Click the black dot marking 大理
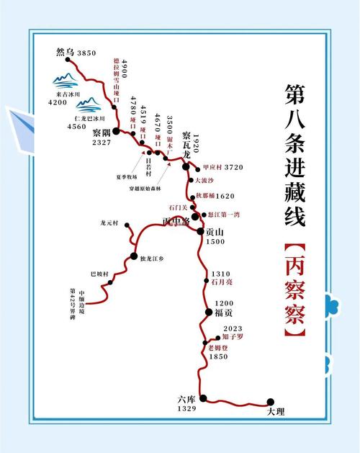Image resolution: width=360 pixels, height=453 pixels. [x=271, y=402]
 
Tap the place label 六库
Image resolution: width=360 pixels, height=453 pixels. [x=186, y=398]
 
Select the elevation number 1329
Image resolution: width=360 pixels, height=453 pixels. [x=187, y=409]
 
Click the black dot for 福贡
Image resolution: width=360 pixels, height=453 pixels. [x=209, y=313]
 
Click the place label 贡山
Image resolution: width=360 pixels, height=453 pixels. [x=215, y=232]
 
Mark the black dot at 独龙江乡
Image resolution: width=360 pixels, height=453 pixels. [x=133, y=256]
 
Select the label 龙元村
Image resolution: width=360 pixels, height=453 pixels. [x=113, y=223]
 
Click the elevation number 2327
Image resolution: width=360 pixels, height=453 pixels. [x=101, y=143]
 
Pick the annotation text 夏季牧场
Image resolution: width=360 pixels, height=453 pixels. [x=125, y=175]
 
